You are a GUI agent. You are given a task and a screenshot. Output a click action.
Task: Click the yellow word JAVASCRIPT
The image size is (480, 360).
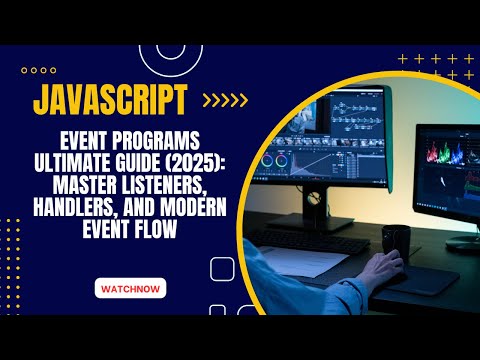(x=111, y=101)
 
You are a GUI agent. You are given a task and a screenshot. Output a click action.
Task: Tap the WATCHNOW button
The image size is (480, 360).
(x=129, y=289)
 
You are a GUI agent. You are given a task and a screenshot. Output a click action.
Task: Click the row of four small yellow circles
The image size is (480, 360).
(x=38, y=70)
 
